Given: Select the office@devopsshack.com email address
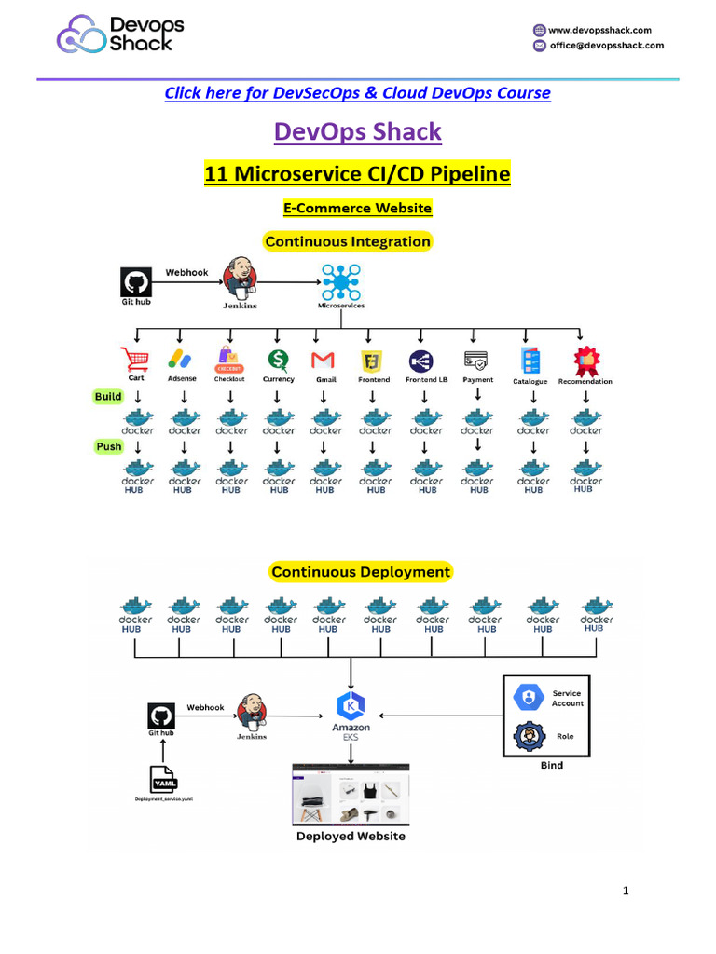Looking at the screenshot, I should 606,45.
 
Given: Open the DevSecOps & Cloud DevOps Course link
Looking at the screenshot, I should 357,93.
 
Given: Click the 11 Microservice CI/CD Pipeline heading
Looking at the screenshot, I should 357,174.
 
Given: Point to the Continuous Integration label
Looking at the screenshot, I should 348,241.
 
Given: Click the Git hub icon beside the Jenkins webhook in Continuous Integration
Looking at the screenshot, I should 136,282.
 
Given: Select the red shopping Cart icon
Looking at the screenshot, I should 135,359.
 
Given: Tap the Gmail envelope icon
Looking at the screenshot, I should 323,360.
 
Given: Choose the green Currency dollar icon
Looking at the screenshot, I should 277,359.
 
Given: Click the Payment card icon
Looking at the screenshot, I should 476,359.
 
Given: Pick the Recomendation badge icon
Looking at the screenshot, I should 585,360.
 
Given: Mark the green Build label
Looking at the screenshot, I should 108,397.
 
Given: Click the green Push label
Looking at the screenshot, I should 109,446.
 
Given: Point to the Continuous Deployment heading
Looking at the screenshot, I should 360,571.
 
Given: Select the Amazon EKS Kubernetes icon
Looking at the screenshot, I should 351,705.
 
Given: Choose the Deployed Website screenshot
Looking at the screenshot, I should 351,795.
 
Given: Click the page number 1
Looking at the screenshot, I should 626,892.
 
